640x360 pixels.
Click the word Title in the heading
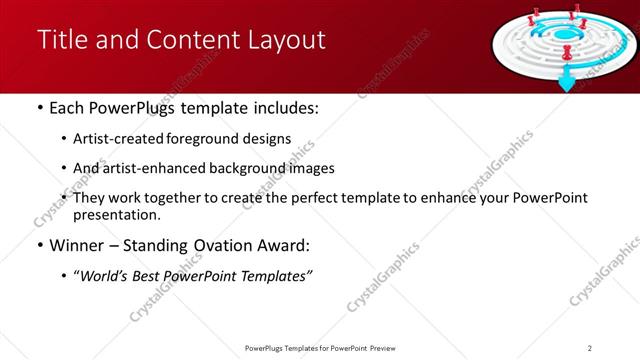[59, 40]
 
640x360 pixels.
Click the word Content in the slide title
[200, 40]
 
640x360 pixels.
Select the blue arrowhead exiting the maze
[567, 83]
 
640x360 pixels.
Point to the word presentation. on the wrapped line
[116, 214]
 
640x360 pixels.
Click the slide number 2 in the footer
[589, 347]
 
